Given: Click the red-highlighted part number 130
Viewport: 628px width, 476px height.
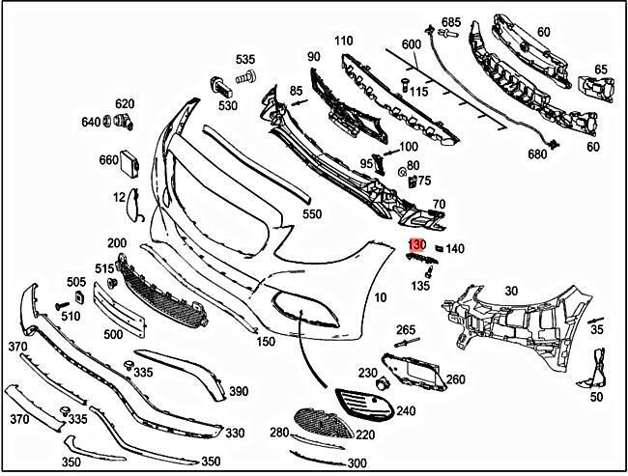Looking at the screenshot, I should [416, 247].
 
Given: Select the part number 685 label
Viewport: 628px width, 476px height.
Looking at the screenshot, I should [451, 21].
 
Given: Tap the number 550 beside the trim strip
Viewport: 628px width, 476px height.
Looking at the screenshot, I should [312, 214].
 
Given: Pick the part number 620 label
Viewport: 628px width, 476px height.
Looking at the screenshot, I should [125, 104].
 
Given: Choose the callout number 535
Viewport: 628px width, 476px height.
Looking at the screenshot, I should [245, 59].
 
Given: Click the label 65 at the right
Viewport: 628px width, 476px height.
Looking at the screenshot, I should [601, 70].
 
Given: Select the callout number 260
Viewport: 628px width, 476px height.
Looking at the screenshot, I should [455, 378].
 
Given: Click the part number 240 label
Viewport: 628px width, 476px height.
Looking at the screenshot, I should [406, 411].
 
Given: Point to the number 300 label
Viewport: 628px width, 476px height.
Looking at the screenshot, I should [329, 463].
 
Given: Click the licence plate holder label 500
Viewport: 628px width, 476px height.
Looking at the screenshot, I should [114, 334].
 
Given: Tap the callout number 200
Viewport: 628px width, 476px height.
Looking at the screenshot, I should [117, 243].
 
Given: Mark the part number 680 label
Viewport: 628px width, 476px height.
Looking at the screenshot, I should [537, 154].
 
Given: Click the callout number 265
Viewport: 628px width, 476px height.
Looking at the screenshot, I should [406, 330].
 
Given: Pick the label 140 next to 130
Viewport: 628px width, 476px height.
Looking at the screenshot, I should [454, 248].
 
